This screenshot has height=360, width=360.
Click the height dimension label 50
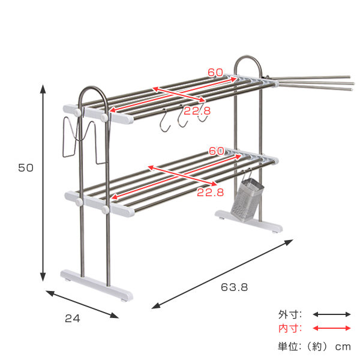pos(26,168)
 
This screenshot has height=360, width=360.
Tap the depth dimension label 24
pos(73,319)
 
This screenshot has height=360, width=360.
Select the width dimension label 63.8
pos(234,287)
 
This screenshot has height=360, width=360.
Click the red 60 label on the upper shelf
pos(215,73)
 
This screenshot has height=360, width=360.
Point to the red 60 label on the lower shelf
pos(216,151)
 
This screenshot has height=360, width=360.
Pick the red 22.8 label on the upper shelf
pos(197,111)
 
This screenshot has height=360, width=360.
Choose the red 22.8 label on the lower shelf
pos(210,193)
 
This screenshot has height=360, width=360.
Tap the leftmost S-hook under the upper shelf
pos(164,122)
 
